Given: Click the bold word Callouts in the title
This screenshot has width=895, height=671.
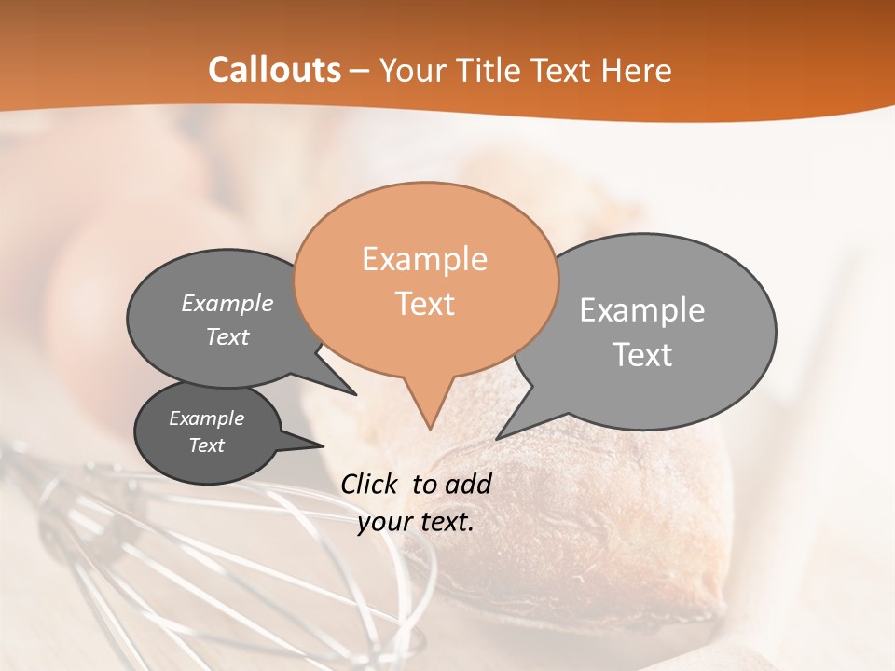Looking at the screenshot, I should [274, 70].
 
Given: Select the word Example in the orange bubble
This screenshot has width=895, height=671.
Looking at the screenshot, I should [424, 259].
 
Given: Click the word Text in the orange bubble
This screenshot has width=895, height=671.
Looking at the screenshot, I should [425, 304].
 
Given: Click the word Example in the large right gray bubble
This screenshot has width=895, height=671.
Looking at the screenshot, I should [642, 309].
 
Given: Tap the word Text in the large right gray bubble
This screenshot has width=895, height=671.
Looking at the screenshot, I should [642, 355].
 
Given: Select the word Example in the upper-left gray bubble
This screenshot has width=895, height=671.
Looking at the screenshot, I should [227, 303].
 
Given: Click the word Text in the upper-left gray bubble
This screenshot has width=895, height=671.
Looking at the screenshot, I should [227, 336].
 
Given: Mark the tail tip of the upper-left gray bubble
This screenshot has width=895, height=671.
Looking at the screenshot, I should [354, 393].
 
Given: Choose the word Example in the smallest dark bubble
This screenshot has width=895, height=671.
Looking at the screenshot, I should [206, 418].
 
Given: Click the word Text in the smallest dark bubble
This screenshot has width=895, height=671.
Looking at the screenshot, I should [206, 445].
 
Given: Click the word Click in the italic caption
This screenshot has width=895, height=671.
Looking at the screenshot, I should [371, 484].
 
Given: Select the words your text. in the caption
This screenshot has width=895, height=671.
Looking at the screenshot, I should [416, 523].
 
